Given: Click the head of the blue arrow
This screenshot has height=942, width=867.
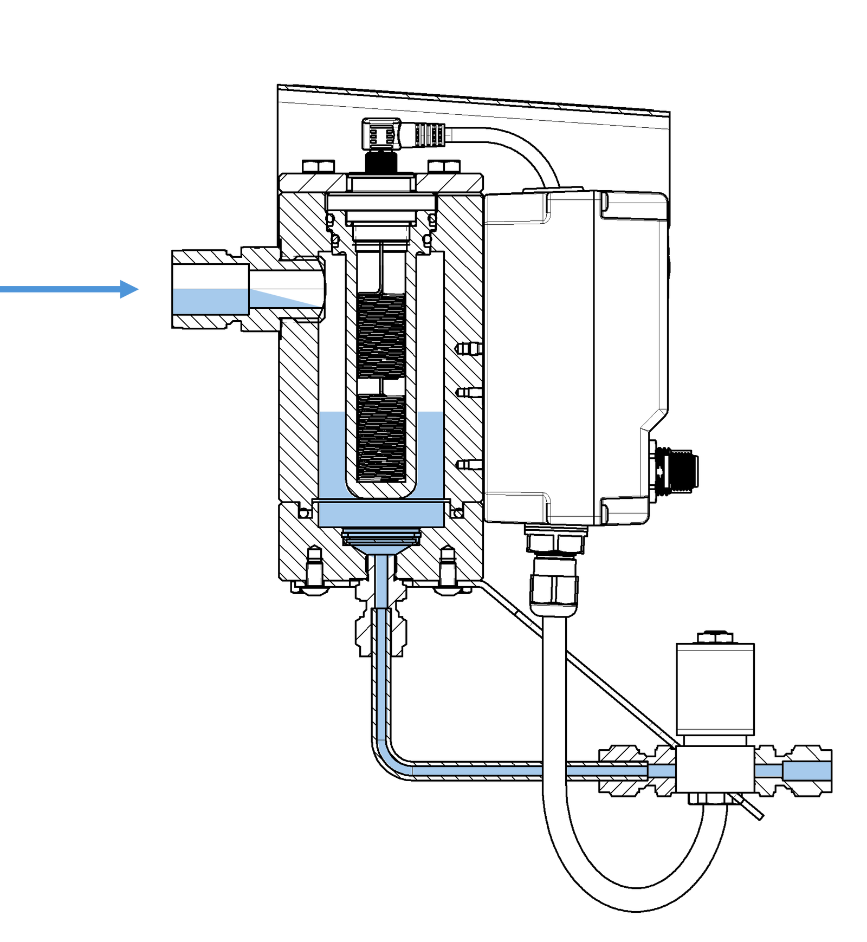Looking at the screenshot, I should tap(130, 289).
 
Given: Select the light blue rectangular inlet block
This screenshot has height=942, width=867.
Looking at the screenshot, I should tap(210, 301).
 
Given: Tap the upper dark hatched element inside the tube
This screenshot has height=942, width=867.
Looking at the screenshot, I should tap(381, 336).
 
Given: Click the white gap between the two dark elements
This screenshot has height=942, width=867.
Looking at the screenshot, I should tap(381, 385).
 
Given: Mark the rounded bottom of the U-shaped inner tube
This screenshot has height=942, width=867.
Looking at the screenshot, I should tap(381, 490).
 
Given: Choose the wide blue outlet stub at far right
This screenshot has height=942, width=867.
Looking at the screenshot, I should tap(807, 771).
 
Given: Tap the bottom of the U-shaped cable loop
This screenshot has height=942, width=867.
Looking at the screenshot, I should tap(639, 899).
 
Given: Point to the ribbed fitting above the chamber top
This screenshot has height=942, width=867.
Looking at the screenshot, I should tap(409, 135).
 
